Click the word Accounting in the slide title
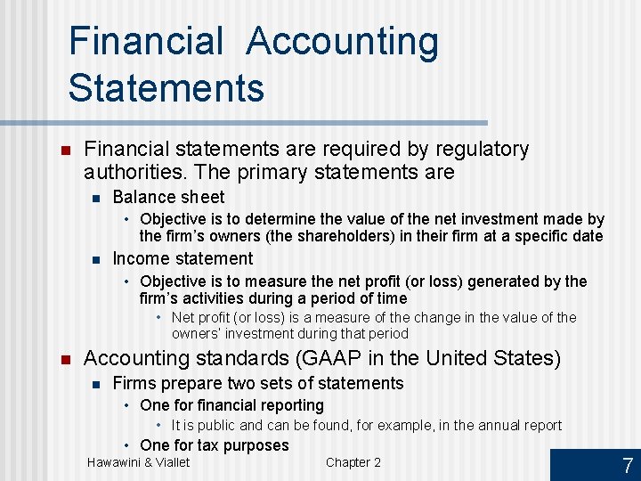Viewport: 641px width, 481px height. pos(343,42)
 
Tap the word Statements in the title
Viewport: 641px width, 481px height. pos(166,88)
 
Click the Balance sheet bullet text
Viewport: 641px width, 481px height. pos(168,197)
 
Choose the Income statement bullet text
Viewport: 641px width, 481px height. pos(183,258)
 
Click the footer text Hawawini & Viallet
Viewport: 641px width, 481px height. pos(138,461)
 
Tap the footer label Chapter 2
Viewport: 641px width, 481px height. pos(353,461)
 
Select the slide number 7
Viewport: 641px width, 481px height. pos(627,465)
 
